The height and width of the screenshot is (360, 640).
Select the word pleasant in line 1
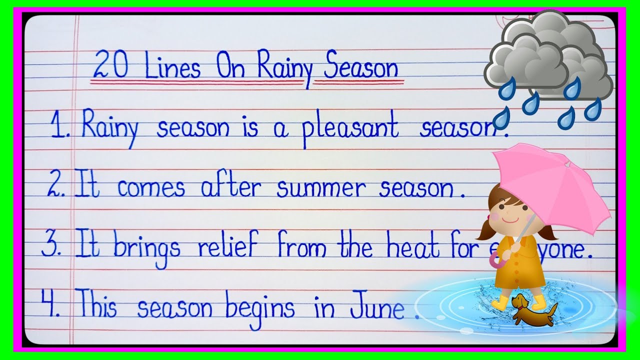pos(350,128)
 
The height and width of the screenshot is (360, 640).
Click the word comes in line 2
pos(151,188)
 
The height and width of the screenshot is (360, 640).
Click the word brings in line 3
pos(146,248)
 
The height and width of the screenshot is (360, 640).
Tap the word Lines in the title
pos(172,68)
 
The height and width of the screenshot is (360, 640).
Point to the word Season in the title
pos(361,68)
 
